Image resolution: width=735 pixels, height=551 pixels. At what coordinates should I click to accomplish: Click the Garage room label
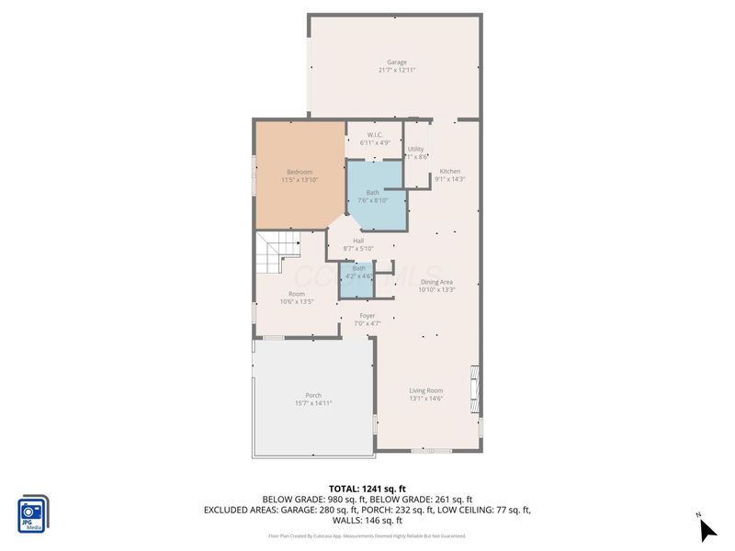pos(396,62)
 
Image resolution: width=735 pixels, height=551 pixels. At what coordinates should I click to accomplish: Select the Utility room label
pos(415,149)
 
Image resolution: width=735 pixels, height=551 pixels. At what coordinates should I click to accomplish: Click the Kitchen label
pos(449,172)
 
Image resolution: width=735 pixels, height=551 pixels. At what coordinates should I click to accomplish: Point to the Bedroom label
pos(300,172)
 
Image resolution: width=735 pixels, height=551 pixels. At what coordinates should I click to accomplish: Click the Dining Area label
pos(437,282)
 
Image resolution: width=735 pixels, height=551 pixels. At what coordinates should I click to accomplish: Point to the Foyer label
pos(367,316)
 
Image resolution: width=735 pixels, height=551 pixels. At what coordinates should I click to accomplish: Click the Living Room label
pos(425,390)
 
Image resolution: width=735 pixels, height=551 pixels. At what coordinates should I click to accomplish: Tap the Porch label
pos(313,396)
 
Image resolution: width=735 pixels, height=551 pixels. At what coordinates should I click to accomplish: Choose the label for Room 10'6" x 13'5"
pos(297,294)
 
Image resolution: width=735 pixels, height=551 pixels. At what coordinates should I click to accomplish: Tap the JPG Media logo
pos(33,514)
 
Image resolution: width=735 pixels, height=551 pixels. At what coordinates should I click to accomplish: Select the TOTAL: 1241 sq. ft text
pos(367,488)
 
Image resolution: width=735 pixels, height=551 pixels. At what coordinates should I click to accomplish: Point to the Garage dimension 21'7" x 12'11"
pos(396,70)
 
